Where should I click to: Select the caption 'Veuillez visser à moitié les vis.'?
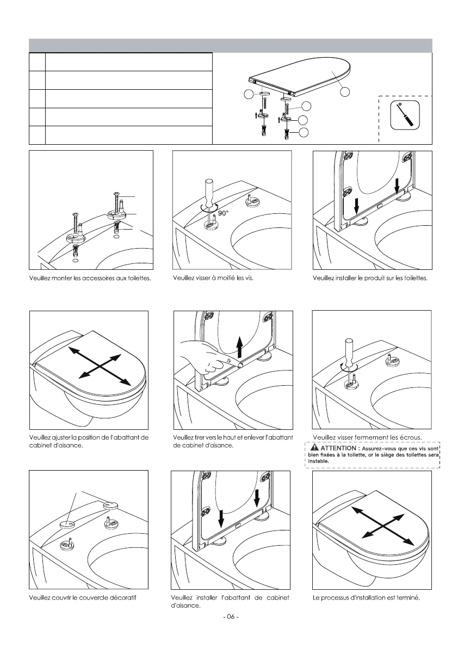click(x=213, y=278)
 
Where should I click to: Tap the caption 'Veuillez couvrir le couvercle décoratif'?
click(x=82, y=598)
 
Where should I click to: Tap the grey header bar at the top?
click(x=230, y=45)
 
